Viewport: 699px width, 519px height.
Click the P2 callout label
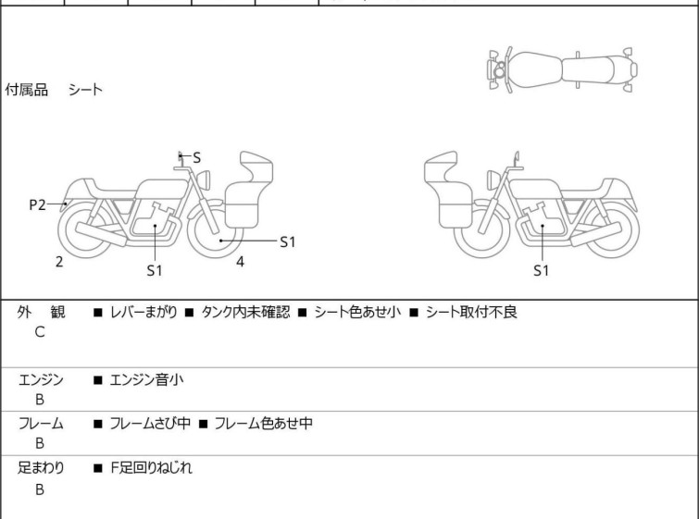pos(37,205)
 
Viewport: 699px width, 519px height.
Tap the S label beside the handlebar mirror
pos(196,157)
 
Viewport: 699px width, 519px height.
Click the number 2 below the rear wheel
pos(59,262)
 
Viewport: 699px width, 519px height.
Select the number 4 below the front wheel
pos(241,262)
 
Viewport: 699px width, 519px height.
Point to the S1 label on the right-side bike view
pos(542,270)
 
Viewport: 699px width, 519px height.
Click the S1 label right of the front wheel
pos(288,241)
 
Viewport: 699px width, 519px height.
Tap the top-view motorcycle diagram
pos(563,70)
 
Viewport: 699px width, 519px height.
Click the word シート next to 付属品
pos(85,90)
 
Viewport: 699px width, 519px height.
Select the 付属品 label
pos(26,90)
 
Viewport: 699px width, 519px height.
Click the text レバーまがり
pos(144,312)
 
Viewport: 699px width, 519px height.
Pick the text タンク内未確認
pos(245,312)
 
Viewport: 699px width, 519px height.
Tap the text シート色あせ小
pos(357,312)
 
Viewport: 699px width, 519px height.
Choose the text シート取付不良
pos(471,312)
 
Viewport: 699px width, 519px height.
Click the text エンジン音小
pos(146,379)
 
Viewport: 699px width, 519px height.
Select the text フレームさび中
pos(150,423)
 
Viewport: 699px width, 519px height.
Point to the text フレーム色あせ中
pos(264,423)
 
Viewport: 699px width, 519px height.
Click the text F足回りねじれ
pos(151,468)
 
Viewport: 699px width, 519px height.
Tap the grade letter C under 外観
pos(40,332)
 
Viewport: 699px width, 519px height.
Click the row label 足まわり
pos(41,468)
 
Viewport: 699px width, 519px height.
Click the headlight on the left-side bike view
pos(204,179)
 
